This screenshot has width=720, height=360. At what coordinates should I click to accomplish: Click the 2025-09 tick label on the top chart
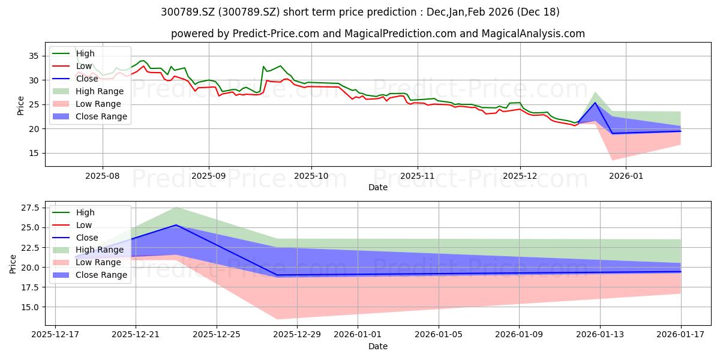click(209, 176)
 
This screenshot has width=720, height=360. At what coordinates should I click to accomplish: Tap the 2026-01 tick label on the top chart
click(626, 176)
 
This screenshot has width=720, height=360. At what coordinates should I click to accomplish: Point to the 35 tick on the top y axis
click(34, 56)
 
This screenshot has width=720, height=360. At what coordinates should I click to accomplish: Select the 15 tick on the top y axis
click(34, 154)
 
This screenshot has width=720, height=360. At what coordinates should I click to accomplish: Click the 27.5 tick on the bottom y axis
click(30, 208)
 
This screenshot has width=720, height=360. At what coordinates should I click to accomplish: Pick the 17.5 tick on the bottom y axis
click(30, 287)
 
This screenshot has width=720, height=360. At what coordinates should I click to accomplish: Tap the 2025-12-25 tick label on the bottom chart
click(217, 335)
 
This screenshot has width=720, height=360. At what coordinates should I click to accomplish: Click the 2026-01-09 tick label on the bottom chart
click(519, 335)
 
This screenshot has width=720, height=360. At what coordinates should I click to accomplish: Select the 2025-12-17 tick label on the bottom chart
click(55, 335)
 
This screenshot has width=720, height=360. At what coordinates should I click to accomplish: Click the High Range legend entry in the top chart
click(88, 91)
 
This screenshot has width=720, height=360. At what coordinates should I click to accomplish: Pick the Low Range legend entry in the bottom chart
click(87, 262)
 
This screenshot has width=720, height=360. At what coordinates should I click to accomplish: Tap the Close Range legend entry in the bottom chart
click(89, 275)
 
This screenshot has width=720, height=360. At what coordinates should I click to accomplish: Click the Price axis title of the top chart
click(20, 106)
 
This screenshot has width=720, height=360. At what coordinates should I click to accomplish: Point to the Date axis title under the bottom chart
click(378, 346)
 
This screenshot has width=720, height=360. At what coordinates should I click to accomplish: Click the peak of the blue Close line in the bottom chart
click(176, 225)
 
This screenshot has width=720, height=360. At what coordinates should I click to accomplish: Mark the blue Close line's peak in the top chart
click(595, 103)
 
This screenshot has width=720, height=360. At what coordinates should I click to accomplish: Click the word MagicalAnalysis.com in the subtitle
click(533, 34)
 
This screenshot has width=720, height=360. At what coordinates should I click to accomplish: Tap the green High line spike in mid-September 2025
click(263, 67)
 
